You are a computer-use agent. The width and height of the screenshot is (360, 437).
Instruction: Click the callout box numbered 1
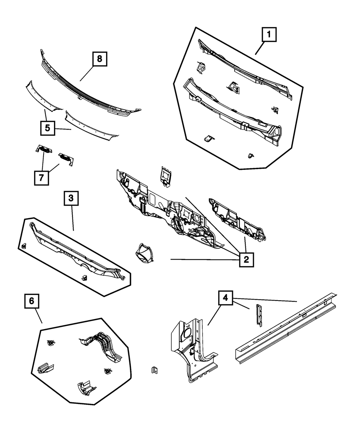[x=269, y=35]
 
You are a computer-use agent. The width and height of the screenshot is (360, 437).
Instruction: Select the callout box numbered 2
[x=246, y=260]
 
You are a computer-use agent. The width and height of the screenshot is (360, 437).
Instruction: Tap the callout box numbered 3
[x=71, y=198]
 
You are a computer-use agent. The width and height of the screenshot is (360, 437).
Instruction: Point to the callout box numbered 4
[x=225, y=298]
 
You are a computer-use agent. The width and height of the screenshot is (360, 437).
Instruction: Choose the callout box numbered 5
[x=48, y=128]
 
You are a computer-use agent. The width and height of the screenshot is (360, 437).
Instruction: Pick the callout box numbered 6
[x=32, y=301]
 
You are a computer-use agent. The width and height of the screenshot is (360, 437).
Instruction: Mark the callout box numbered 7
[x=41, y=178]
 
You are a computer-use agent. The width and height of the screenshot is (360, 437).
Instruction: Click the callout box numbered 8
[x=100, y=59]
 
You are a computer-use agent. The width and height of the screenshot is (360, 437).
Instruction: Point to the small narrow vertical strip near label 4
[x=259, y=315]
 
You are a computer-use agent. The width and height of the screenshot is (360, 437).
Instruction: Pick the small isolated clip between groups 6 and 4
[x=154, y=370]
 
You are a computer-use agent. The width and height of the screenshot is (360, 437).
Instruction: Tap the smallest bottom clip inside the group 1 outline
[x=251, y=156]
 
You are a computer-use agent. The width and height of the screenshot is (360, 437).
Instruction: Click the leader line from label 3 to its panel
[x=72, y=218]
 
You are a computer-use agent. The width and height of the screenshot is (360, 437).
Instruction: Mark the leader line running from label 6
[x=39, y=316]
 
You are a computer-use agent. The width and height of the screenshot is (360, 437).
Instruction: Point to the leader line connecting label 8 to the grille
[x=87, y=73]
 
